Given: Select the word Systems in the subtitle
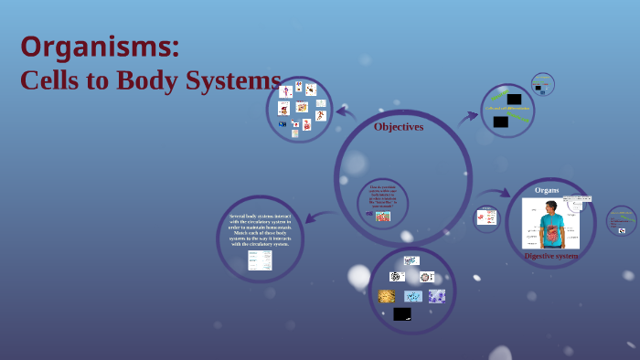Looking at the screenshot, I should pyautogui.click(x=236, y=80).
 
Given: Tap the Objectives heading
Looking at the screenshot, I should pyautogui.click(x=399, y=127).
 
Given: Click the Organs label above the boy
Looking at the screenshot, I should pyautogui.click(x=547, y=189).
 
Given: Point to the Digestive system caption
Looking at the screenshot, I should pyautogui.click(x=550, y=256).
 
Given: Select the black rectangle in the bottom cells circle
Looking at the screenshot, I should pyautogui.click(x=402, y=313).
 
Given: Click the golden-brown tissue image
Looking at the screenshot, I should pyautogui.click(x=387, y=296).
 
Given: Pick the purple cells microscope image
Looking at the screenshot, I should pyautogui.click(x=437, y=296).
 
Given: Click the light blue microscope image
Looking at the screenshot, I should pyautogui.click(x=412, y=296).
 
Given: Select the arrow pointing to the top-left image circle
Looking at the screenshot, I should pyautogui.click(x=346, y=112).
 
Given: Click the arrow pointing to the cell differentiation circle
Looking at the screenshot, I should pyautogui.click(x=468, y=116).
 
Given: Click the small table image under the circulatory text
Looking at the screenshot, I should pyautogui.click(x=261, y=260).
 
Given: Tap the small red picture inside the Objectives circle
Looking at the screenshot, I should pyautogui.click(x=382, y=217).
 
